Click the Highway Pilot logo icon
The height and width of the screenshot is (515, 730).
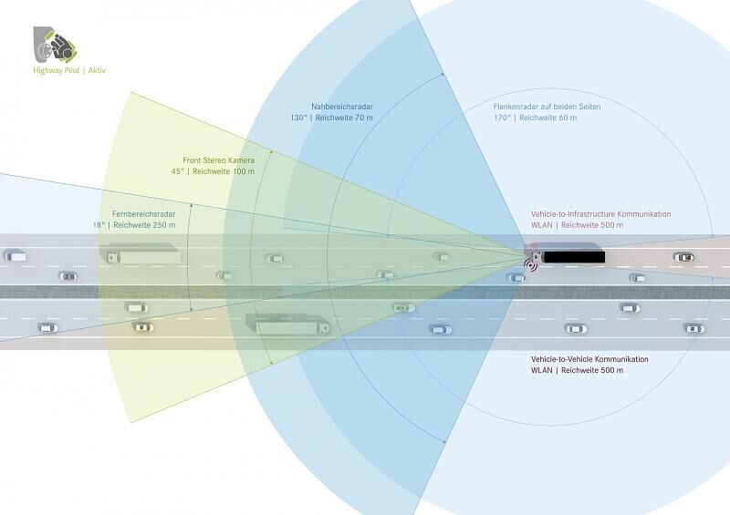coord(55,45)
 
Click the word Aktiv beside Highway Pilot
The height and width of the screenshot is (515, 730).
coord(97,70)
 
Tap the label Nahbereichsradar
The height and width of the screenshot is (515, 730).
coord(342,107)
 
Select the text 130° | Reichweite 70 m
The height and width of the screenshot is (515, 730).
coord(331,118)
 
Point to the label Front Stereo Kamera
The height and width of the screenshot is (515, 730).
coord(218,160)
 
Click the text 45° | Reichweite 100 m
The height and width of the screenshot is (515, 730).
coord(213,171)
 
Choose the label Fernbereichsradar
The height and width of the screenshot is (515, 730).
coord(143,214)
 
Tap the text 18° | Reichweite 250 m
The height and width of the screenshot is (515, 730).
coord(134,225)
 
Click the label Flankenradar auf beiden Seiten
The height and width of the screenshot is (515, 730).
coord(547,107)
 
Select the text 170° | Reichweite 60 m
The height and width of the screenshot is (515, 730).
coord(536,118)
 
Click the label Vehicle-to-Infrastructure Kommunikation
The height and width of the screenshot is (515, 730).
coord(601,214)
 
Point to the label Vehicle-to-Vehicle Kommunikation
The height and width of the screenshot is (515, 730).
coord(589,359)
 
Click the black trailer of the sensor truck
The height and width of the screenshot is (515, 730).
coord(575,257)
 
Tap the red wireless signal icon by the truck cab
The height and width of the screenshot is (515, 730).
coord(530,264)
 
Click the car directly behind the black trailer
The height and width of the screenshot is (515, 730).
coord(683,257)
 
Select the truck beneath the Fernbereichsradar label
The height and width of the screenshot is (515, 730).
coord(140,254)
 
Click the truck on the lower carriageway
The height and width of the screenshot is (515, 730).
coord(287,324)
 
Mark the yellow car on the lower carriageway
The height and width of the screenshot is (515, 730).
coord(143,327)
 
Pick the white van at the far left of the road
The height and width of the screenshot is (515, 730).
coord(15,255)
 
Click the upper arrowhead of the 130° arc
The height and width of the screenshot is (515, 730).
coord(443,74)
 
